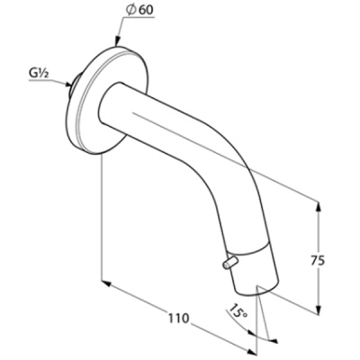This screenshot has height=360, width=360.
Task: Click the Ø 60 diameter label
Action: click(139, 10)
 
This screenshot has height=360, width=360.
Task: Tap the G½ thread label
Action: click(39, 74)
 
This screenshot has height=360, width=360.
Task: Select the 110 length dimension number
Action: click(178, 318)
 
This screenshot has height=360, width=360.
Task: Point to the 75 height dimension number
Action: click(318, 261)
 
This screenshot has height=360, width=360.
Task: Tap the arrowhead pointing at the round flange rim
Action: click(117, 41)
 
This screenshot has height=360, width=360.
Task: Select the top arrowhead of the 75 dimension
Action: click(319, 207)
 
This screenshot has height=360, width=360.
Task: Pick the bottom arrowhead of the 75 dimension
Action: click(319, 308)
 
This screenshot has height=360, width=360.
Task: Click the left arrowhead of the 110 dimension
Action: click(107, 283)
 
